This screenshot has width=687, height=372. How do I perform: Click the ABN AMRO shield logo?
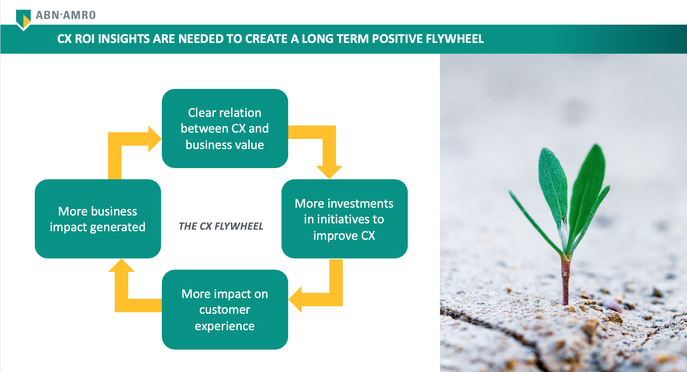23,20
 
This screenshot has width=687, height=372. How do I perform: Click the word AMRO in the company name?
80,15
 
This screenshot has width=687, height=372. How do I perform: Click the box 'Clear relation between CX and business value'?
225,128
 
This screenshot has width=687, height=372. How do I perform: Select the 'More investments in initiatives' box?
345,219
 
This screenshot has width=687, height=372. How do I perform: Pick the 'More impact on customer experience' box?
225,310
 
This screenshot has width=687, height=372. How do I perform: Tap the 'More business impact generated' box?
98,219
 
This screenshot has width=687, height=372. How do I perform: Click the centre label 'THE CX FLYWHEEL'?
221,226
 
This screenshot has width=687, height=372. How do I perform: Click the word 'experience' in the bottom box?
225,326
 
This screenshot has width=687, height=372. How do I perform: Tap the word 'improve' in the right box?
335,236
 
